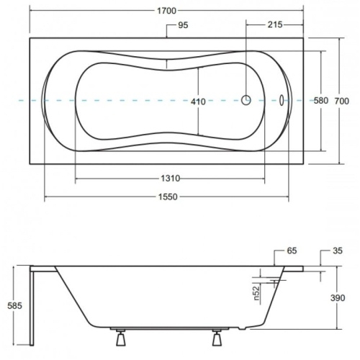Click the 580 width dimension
coord(321,101)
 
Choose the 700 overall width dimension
coord(346,101)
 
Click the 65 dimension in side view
coord(291,252)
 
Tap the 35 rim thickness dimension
coord(337,252)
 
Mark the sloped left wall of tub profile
coord(69,295)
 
